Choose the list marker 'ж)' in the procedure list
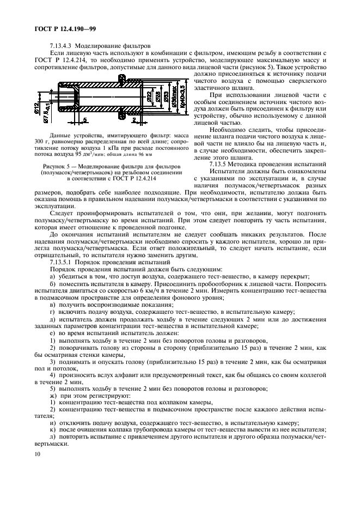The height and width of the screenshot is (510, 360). pyautogui.click(x=53, y=395)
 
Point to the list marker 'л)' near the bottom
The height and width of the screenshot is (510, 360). pyautogui.click(x=52, y=437)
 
